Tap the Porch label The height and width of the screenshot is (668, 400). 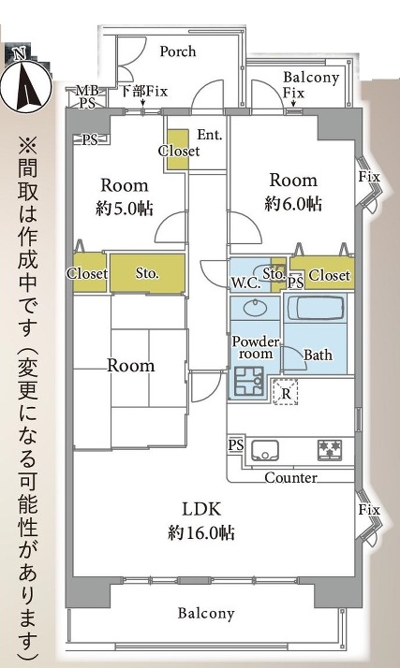(x=178, y=51)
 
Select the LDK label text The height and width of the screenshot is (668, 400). (x=201, y=510)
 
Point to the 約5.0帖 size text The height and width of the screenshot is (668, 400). (x=124, y=209)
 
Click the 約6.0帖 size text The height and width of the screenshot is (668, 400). (x=293, y=203)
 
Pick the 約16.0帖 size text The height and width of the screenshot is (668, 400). (x=201, y=532)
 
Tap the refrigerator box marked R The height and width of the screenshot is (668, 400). (x=286, y=392)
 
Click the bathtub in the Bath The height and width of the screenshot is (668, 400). (x=316, y=308)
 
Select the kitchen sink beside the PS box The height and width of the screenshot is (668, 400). (x=265, y=450)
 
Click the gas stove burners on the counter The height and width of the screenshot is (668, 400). (x=330, y=449)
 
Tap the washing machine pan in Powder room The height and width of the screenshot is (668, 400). (x=249, y=381)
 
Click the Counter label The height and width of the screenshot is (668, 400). (x=290, y=477)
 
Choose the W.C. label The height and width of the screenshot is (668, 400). (x=245, y=283)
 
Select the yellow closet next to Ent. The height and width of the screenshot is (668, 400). (x=177, y=150)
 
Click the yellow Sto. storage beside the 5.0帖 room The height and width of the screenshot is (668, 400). (x=148, y=273)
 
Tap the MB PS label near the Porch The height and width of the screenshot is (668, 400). (x=87, y=96)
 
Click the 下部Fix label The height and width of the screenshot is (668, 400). (x=143, y=91)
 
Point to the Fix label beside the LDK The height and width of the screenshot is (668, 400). (x=369, y=509)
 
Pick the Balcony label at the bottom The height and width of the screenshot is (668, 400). (x=206, y=613)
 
